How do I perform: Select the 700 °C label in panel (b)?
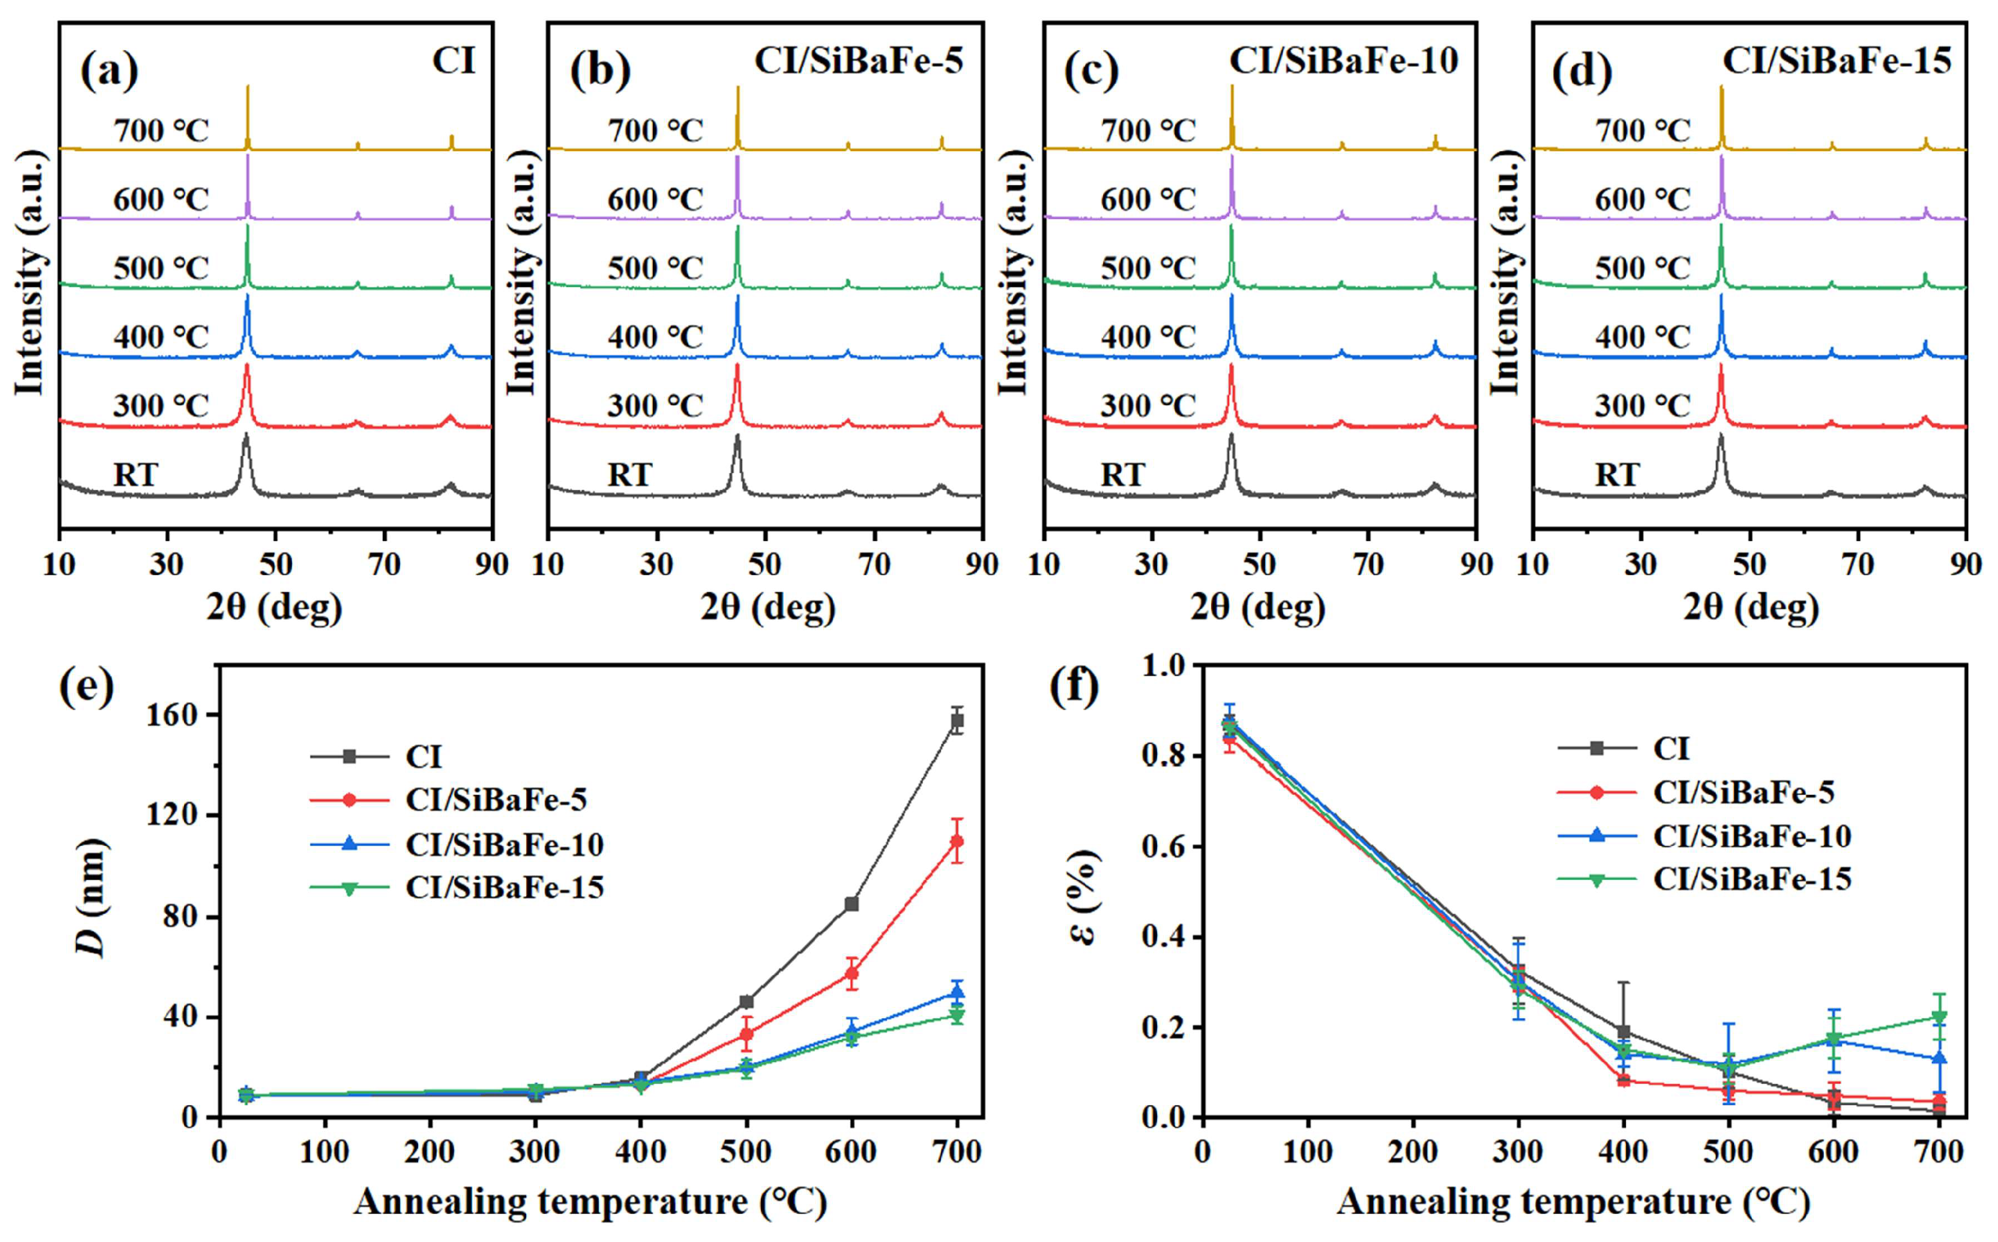point(654,131)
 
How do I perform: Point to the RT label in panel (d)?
point(1617,475)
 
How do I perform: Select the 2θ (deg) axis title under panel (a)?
point(274,608)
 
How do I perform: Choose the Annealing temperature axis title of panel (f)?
point(1572,1202)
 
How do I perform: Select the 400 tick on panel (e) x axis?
point(641,1152)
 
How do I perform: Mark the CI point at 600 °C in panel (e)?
point(852,903)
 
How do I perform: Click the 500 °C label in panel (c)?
point(1148,269)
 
